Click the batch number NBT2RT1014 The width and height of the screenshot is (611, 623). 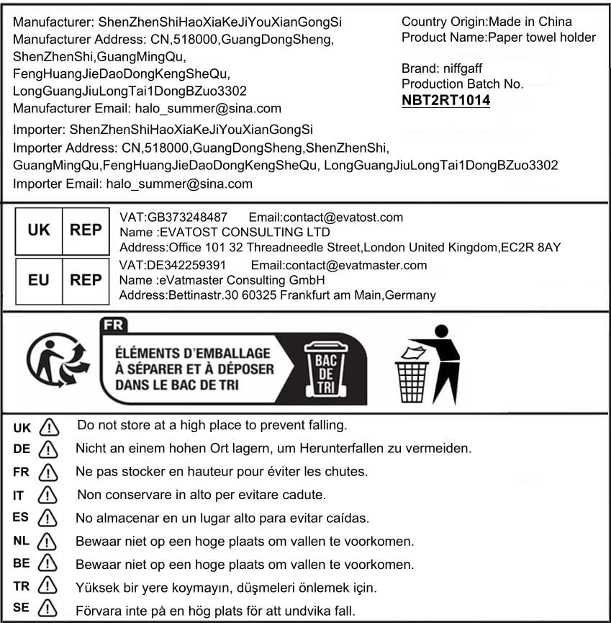(x=445, y=100)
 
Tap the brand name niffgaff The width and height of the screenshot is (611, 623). (x=465, y=69)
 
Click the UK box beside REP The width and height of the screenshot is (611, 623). (x=39, y=230)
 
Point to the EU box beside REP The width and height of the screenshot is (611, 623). (x=39, y=279)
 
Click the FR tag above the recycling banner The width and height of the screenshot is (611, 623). (x=114, y=324)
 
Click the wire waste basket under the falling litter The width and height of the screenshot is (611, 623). (x=412, y=381)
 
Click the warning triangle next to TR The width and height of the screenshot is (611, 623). (x=47, y=586)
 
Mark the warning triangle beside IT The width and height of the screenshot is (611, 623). (x=47, y=496)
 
